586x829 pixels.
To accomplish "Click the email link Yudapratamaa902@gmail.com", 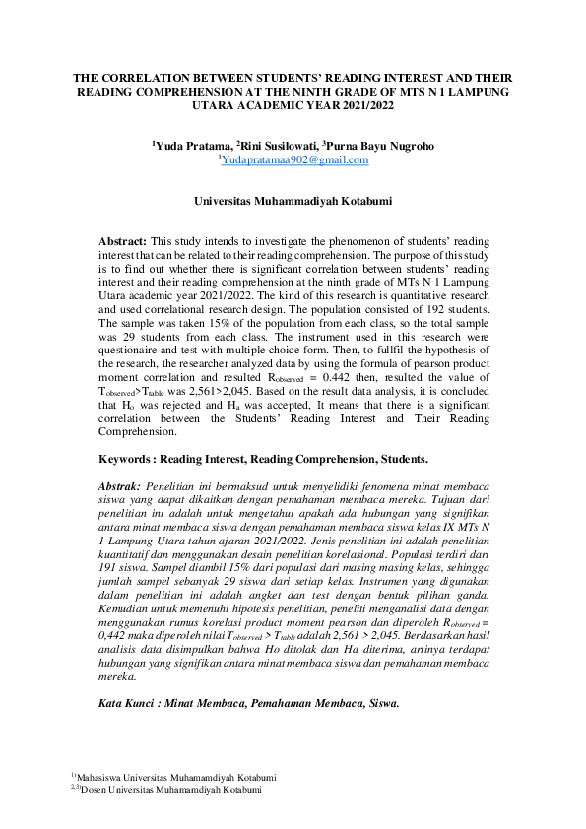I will point(294,159).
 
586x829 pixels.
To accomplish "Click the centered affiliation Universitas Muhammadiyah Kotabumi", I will point(293,201).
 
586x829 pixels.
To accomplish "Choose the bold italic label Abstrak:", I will point(122,485).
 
